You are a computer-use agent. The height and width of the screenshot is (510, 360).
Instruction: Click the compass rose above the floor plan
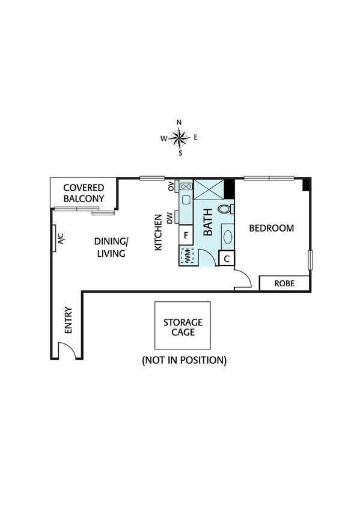(179, 138)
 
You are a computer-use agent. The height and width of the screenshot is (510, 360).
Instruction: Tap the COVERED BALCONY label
(84, 193)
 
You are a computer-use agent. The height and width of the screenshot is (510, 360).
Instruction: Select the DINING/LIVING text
(111, 247)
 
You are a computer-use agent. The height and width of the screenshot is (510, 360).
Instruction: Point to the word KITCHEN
(159, 232)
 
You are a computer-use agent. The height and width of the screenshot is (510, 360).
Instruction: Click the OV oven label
(171, 186)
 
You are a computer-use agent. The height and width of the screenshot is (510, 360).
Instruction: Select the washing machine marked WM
(186, 256)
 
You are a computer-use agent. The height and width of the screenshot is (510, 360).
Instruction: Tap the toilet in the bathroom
(225, 209)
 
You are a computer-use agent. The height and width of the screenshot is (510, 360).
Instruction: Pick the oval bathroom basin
(228, 236)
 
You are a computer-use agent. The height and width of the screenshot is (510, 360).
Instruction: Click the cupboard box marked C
(227, 259)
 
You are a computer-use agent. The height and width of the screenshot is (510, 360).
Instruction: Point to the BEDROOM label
(272, 228)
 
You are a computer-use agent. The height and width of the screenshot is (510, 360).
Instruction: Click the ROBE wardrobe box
(284, 283)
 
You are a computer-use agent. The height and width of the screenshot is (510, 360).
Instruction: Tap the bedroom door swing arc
(243, 280)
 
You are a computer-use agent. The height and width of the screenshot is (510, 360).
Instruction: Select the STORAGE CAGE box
(183, 326)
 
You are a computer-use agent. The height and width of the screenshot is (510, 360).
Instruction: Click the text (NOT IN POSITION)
(183, 360)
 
